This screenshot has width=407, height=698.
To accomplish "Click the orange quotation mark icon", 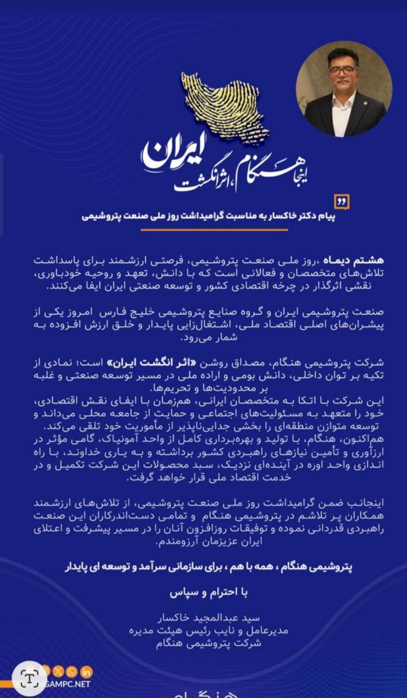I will pyautogui.click(x=342, y=201).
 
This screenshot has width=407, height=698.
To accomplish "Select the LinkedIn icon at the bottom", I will pyautogui.click(x=87, y=672).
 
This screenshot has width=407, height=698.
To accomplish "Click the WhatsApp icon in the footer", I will pyautogui.click(x=72, y=672).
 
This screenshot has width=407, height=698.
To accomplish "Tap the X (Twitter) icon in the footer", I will pyautogui.click(x=58, y=672).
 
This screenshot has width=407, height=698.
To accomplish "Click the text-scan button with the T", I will pyautogui.click(x=28, y=678).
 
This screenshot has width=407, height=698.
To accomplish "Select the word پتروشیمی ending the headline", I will pyautogui.click(x=103, y=216).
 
